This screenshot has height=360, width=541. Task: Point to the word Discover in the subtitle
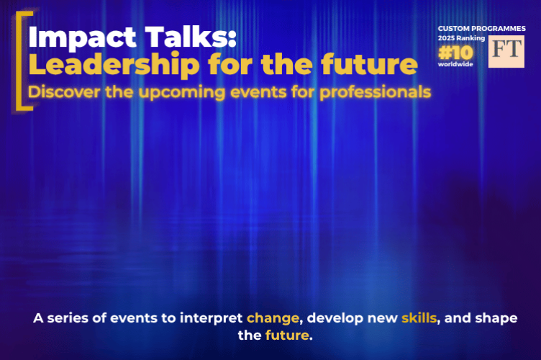(60, 93)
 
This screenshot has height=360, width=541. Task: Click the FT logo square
(506, 51)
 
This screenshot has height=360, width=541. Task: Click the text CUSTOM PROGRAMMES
(481, 28)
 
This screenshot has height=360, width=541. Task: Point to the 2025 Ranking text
(461, 37)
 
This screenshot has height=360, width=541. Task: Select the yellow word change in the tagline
(270, 318)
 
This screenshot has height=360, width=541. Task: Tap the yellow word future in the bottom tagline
(286, 336)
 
